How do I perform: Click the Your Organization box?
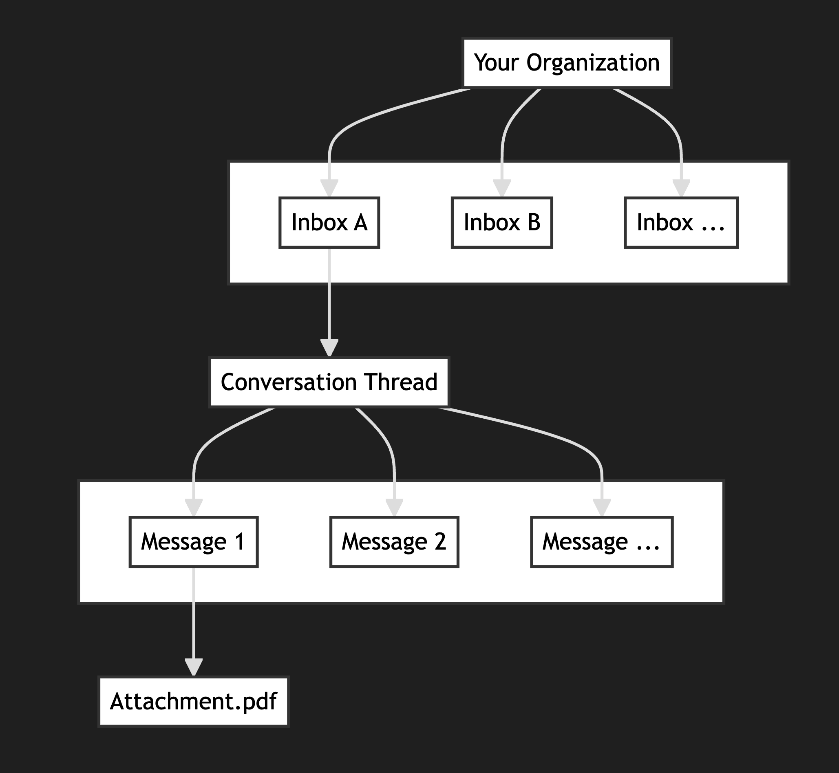pos(567,63)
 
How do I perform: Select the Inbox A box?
pos(329,223)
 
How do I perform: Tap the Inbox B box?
pos(502,223)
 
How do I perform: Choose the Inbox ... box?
pos(681,223)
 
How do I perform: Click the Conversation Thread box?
pos(329,382)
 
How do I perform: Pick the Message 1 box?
pos(194,542)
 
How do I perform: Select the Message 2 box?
pos(394,542)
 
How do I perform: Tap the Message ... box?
pos(601,542)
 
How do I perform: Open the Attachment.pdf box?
pos(194,702)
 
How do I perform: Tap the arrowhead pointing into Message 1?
pos(194,508)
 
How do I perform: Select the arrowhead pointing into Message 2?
pos(394,508)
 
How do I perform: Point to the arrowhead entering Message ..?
pos(601,508)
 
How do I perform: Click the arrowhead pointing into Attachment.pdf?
pos(194,667)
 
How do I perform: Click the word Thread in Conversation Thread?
pos(401,382)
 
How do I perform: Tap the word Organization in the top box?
pos(593,63)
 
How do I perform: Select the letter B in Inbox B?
pos(534,223)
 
